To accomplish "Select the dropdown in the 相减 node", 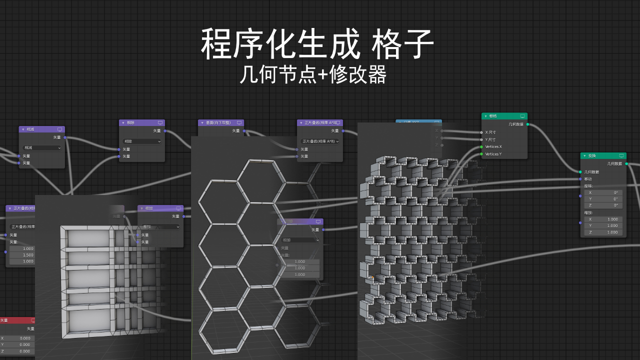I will pos(42,147).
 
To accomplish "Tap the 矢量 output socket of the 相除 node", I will pos(165,131).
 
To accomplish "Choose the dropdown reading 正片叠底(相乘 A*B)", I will pos(320,141).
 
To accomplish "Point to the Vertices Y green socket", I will pos(481,154).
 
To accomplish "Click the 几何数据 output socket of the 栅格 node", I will pos(527,124).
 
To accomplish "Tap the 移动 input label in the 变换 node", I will pos(588,178).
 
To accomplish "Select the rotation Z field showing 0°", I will pos(603,205).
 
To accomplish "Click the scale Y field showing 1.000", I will pos(603,225).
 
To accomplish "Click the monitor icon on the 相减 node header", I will pos(60,129).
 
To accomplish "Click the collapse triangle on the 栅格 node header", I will pos(485,116).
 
